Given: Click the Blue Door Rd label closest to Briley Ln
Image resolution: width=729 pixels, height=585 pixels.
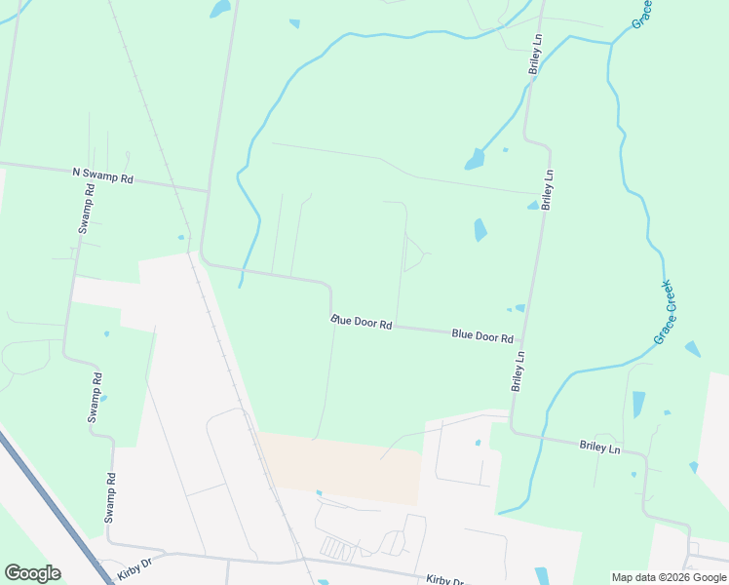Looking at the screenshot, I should coord(481,335).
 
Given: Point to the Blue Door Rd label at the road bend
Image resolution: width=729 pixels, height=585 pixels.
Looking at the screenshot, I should coord(362,321).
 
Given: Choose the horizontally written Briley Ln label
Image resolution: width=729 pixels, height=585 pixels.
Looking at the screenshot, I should coord(599,448).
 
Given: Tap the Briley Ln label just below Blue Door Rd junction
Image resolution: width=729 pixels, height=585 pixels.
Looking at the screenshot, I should coord(518,371).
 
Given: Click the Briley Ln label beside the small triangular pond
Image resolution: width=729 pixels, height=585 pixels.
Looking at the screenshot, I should coord(548,191).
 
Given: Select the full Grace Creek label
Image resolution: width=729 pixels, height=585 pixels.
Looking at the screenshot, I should coord(664,311).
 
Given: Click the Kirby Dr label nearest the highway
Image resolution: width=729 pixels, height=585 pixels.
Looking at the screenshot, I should coord(135,567).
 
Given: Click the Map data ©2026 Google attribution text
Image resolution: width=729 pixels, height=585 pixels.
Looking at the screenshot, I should coord(668,577).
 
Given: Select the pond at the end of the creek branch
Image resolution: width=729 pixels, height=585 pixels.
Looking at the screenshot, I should coord(476,159).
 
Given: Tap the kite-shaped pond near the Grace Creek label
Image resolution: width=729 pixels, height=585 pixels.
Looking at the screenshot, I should coord(692,348).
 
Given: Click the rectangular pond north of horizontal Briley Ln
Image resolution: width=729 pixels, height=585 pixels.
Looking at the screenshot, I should coord(638,404).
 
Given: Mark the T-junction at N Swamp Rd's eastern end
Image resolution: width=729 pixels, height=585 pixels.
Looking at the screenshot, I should coord(208,191).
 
